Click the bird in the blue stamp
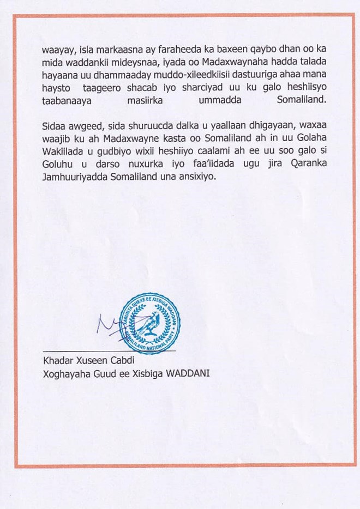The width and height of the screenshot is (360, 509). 150,324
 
